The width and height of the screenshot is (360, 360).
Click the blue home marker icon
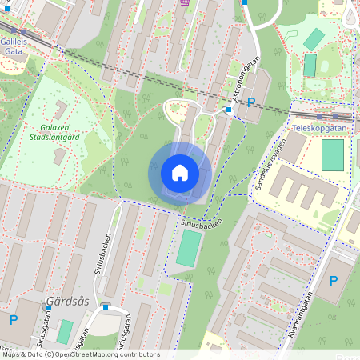click(179, 173)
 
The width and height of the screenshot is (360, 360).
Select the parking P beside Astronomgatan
click(251, 102)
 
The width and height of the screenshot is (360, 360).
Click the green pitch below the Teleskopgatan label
click(332, 155)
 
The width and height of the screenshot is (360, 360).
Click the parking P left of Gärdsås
click(13, 320)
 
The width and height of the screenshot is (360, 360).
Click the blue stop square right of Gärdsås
click(105, 306)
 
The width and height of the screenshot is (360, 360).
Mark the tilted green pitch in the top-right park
click(314, 38)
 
